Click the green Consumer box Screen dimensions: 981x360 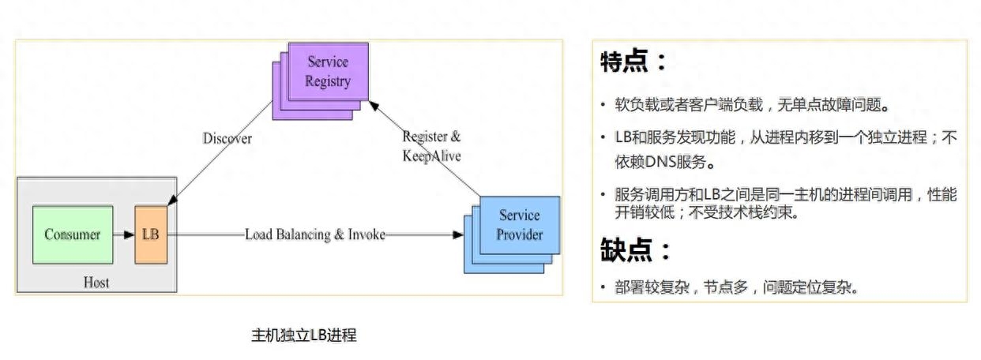73,234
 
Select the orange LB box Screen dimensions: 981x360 151,234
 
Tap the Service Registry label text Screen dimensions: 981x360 328,71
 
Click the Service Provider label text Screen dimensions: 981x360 520,225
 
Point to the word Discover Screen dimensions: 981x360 227,138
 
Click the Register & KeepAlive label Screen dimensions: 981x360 431,146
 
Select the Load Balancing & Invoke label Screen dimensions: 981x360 315,234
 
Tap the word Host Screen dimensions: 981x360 96,282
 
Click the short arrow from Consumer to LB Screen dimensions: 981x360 123,234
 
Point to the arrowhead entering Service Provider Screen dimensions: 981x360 457,234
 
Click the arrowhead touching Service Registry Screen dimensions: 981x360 374,106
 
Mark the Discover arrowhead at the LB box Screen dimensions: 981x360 172,201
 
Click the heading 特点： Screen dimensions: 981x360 633,62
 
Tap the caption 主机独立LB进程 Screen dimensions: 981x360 304,336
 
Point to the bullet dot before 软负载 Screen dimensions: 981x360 603,105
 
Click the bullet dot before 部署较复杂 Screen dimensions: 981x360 603,287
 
